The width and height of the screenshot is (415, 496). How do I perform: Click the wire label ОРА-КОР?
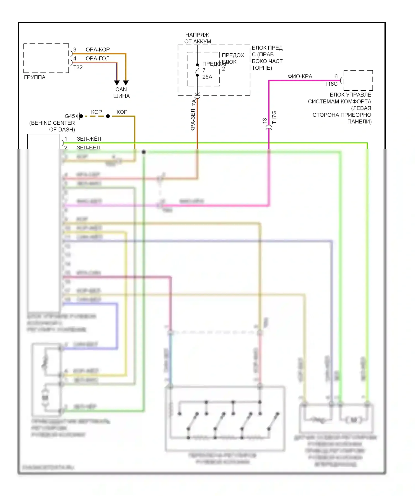pyautogui.click(x=98, y=50)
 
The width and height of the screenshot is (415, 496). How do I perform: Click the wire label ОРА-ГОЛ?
pyautogui.click(x=98, y=59)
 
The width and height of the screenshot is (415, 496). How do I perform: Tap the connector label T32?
pyautogui.click(x=78, y=67)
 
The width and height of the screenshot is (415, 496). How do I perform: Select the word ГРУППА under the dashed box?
pyautogui.click(x=35, y=77)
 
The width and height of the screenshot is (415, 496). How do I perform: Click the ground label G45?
pyautogui.click(x=70, y=116)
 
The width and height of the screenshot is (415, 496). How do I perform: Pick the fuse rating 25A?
pyautogui.click(x=207, y=77)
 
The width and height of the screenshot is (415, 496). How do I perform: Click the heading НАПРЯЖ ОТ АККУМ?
pyautogui.click(x=198, y=38)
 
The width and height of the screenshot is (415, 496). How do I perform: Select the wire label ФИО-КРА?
pyautogui.click(x=300, y=77)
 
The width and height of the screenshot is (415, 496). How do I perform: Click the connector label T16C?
pyautogui.click(x=331, y=84)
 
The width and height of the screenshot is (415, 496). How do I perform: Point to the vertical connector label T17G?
pyautogui.click(x=274, y=117)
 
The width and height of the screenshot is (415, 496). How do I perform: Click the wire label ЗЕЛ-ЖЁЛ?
pyautogui.click(x=89, y=139)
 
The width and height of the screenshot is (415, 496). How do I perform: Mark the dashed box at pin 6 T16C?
pyautogui.click(x=358, y=80)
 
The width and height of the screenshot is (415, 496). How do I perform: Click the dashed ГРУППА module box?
pyautogui.click(x=46, y=58)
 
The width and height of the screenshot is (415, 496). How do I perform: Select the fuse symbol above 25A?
pyautogui.click(x=197, y=70)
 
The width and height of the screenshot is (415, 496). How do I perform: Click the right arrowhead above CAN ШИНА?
pyautogui.click(x=126, y=83)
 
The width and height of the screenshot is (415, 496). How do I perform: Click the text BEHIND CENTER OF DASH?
pyautogui.click(x=52, y=126)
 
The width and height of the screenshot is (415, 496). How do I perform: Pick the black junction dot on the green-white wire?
pyautogui.click(x=144, y=152)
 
